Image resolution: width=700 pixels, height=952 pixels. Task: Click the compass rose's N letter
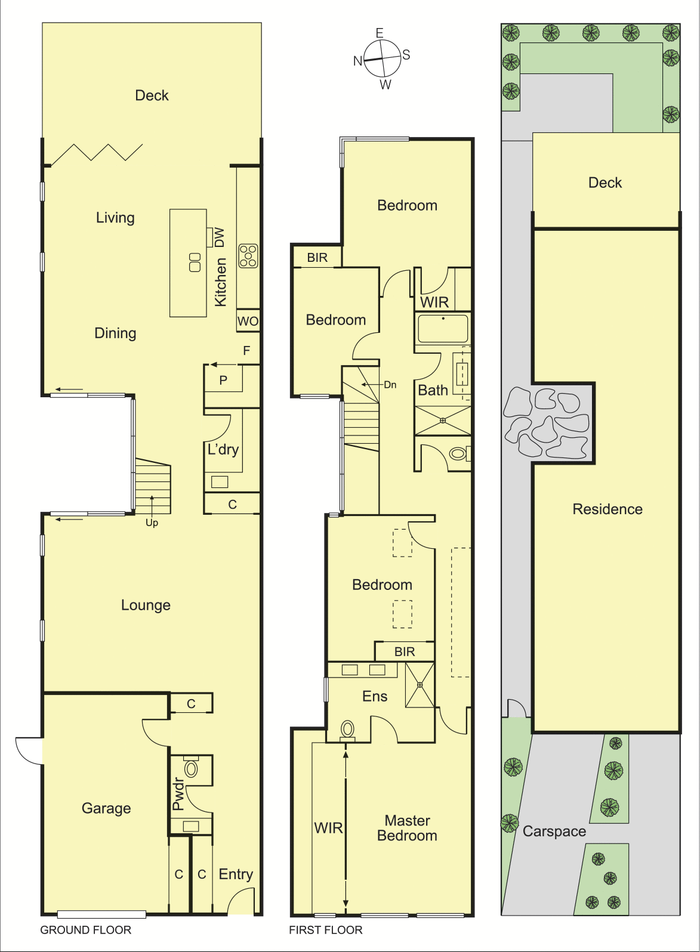(357, 61)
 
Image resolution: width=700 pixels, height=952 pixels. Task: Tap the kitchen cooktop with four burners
(248, 255)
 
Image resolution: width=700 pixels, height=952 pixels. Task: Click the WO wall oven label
(248, 321)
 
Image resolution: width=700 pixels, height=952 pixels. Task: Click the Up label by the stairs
(152, 523)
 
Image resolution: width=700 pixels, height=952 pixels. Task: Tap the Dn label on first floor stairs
(390, 385)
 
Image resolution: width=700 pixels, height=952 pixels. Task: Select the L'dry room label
(223, 449)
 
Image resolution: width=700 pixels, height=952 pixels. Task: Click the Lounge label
(146, 605)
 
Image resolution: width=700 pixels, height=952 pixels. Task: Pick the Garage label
(106, 808)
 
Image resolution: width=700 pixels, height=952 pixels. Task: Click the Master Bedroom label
(407, 828)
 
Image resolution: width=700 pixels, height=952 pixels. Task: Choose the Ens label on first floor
(375, 696)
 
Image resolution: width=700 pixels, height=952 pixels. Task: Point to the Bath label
(433, 390)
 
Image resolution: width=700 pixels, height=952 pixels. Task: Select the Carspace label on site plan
(554, 832)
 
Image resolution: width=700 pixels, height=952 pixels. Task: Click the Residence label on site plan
(608, 509)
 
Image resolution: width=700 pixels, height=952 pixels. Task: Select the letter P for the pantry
(223, 381)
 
